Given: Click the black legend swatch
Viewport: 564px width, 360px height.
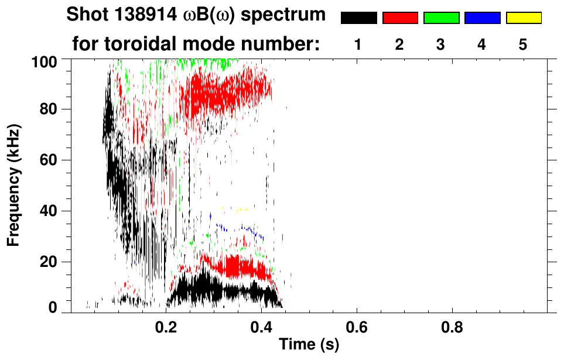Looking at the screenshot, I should (358, 18).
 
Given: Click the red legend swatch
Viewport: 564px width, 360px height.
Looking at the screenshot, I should (400, 18).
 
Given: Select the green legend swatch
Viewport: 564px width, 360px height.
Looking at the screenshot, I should (441, 18).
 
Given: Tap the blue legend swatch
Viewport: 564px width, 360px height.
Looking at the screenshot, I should (482, 18).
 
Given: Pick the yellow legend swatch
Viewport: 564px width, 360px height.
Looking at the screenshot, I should (523, 18).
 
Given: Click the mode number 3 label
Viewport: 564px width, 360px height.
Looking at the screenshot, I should (441, 44).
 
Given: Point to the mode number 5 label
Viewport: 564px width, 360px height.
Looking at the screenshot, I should (523, 44).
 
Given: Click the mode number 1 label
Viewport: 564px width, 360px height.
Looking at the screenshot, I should (358, 44).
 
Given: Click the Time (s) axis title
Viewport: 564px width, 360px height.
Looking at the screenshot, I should (309, 345).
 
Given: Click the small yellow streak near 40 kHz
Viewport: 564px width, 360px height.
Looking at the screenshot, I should (237, 208).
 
